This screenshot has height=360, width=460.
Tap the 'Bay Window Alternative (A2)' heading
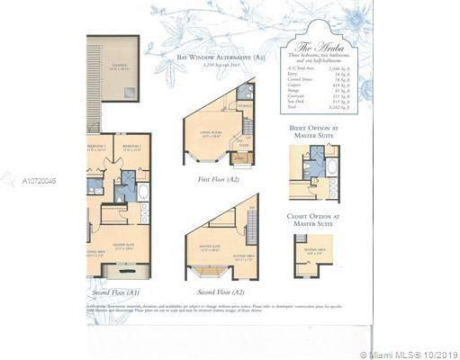[x=210, y=57]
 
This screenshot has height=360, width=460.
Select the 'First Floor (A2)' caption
[x=218, y=179]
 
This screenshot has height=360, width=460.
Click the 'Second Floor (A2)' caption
[x=220, y=292]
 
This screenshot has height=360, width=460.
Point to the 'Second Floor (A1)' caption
[x=116, y=292]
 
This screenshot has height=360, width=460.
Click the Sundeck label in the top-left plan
[x=119, y=67]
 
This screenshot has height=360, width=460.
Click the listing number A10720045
[x=39, y=181]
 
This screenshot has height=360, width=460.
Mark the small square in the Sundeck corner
[x=133, y=92]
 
